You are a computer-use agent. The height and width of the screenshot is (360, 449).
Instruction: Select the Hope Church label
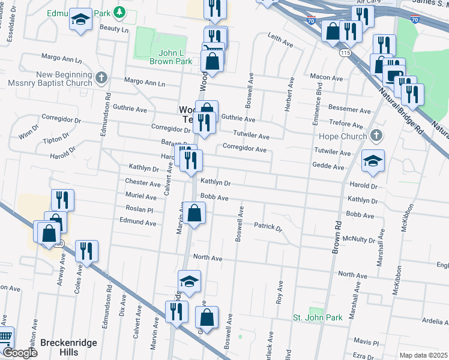click(x=345, y=136)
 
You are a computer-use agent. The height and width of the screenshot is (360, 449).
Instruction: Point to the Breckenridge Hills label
click(x=68, y=347)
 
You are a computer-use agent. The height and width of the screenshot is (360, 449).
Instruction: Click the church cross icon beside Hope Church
click(x=376, y=135)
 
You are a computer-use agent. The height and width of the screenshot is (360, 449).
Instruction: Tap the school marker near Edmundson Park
click(x=80, y=20)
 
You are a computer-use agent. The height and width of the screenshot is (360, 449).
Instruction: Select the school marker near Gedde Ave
click(x=373, y=161)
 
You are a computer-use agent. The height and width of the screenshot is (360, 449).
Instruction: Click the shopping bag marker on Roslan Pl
click(x=194, y=214)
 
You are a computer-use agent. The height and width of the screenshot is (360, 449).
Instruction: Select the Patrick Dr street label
click(x=268, y=227)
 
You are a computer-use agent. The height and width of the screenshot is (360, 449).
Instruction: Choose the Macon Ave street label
click(x=325, y=76)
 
